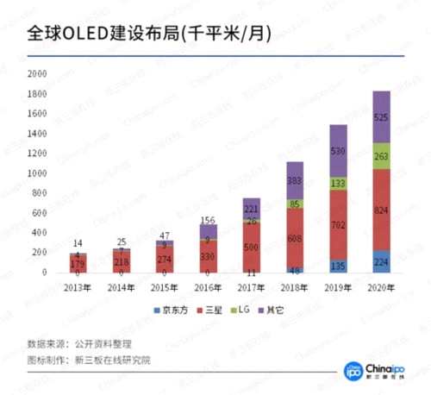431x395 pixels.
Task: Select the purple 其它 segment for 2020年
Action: tap(381, 116)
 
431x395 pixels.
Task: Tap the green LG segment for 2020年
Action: tap(381, 156)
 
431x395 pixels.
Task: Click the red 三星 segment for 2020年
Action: tap(381, 210)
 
